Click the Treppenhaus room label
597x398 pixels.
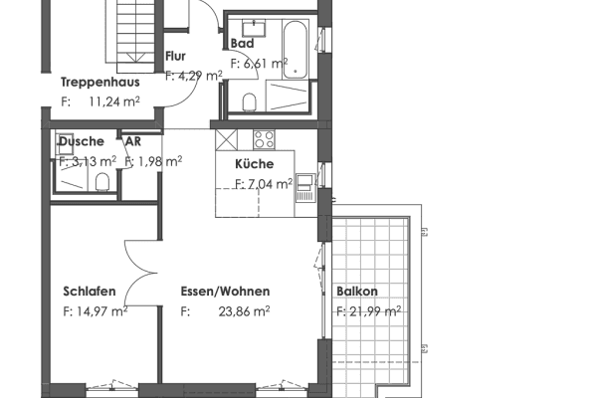pos(99,82)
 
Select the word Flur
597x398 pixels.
pos(175,56)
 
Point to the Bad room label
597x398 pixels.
pos(242,44)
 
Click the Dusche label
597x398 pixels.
pos(80,141)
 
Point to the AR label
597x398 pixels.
pos(131,141)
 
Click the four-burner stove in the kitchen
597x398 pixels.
pos(264,139)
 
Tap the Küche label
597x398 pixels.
pos(254,164)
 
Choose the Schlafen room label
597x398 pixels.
pos(90,292)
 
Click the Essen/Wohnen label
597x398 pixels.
pos(225,292)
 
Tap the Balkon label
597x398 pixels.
pos(356,292)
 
